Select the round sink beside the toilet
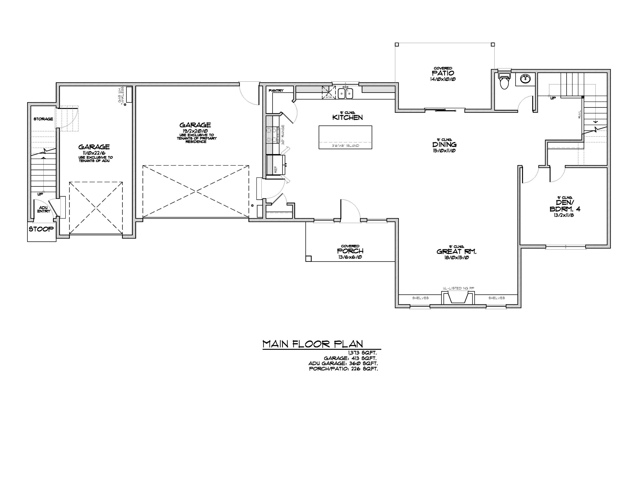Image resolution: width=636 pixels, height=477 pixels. pos(527,78)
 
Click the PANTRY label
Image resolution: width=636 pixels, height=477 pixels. pos(276,91)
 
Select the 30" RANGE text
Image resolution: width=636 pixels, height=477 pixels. pos(283,135)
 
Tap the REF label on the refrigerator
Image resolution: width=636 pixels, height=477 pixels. pos(276,170)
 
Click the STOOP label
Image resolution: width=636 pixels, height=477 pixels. pos(41,229)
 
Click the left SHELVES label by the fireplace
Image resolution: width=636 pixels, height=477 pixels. pos(420,298)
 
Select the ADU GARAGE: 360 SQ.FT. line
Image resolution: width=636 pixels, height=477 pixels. pos(343,363)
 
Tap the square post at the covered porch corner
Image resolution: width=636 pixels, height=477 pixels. pos(308,258)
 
